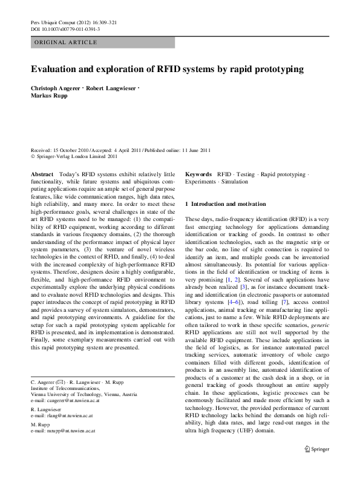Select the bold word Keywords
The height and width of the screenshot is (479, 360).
click(198, 174)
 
